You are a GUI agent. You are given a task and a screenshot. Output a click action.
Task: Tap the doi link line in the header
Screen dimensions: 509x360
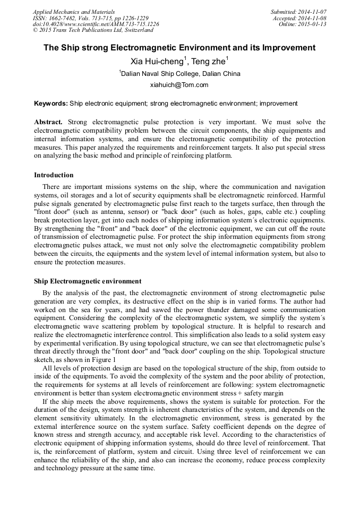(x=96, y=24)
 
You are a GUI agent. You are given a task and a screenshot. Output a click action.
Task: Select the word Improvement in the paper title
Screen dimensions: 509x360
(x=288, y=48)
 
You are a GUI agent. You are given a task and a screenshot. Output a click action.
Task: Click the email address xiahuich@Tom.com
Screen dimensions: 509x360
(x=179, y=85)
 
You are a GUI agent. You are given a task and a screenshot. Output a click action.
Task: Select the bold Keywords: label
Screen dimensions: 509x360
(x=51, y=103)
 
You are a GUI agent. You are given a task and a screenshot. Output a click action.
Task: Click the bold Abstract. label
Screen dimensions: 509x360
(x=48, y=122)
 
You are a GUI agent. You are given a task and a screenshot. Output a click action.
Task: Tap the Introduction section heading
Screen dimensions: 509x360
(x=54, y=175)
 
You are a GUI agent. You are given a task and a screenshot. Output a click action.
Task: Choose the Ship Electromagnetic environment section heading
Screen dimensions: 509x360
(x=88, y=281)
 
